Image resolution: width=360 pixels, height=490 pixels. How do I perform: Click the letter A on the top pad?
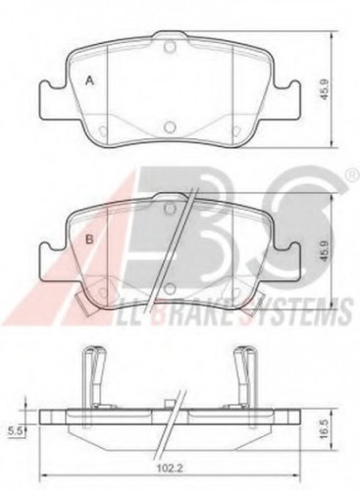tap(89, 80)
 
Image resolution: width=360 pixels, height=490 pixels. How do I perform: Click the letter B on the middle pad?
tap(89, 240)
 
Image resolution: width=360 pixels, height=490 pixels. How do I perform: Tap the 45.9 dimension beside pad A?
tap(325, 90)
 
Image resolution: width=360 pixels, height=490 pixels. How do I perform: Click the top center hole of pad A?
tap(170, 47)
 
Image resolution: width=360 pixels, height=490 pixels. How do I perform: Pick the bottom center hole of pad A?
tap(169, 126)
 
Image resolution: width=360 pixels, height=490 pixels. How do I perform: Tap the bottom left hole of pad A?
tap(102, 130)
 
